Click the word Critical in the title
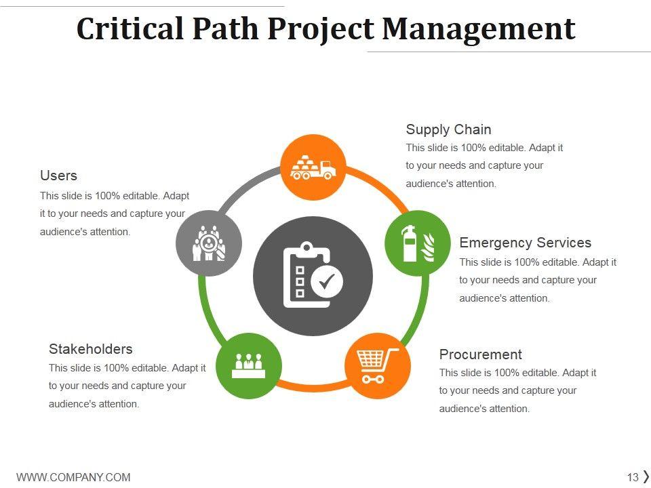130,28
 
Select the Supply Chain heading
448,129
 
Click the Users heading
58,176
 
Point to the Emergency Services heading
525,243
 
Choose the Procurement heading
480,354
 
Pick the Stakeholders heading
90,349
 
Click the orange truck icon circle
313,167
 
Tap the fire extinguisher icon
410,243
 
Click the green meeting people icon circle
248,365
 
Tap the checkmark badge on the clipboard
329,281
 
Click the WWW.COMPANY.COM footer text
73,477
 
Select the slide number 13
633,477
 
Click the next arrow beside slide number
646,476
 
